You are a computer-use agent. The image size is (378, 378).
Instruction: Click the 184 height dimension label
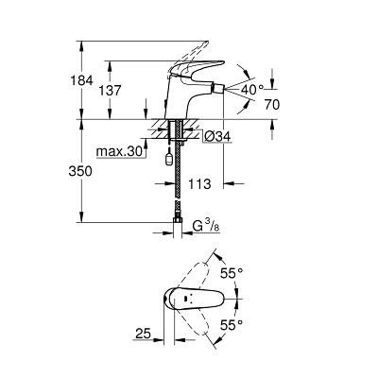coord(81,80)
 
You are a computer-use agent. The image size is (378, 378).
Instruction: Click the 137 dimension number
coord(110,91)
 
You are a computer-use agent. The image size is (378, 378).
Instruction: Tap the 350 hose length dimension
coord(80,171)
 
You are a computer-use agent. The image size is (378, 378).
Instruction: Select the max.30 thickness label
coord(119,152)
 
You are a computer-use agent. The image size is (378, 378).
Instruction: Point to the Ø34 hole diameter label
coord(217,136)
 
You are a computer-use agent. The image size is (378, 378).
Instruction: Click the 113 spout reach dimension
coord(199,183)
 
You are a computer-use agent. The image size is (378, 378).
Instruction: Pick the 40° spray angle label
coord(252,90)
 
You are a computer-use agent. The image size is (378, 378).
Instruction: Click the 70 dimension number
coord(272,105)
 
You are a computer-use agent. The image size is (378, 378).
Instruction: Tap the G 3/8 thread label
coord(205,227)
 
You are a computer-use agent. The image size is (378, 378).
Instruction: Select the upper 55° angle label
coord(232,273)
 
